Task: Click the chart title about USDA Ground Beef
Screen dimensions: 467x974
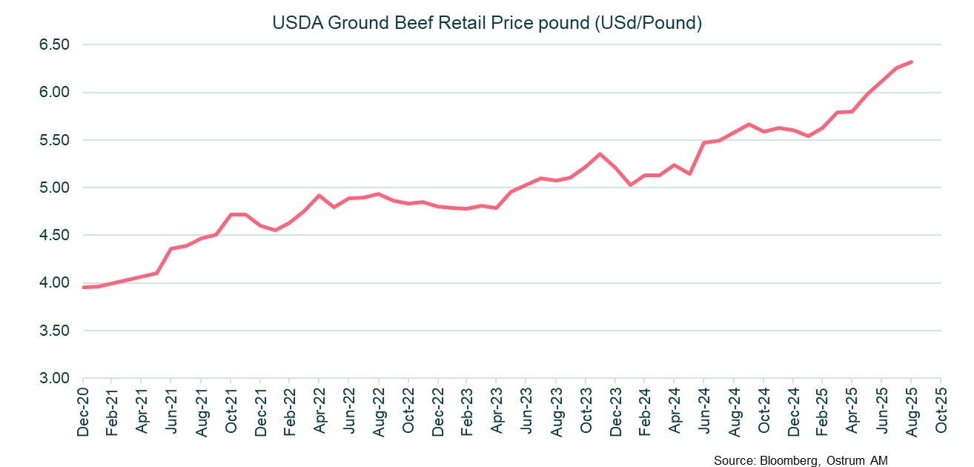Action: pyautogui.click(x=487, y=23)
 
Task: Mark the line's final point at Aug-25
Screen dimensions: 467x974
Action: pyautogui.click(x=911, y=62)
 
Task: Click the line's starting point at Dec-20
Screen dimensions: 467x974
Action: pyautogui.click(x=83, y=287)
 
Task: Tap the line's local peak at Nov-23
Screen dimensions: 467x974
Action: pyautogui.click(x=600, y=153)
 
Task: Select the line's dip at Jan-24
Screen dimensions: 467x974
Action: pyautogui.click(x=630, y=185)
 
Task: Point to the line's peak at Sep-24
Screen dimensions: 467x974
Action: pyautogui.click(x=749, y=124)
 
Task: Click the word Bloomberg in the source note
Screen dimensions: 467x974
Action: pyautogui.click(x=789, y=460)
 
